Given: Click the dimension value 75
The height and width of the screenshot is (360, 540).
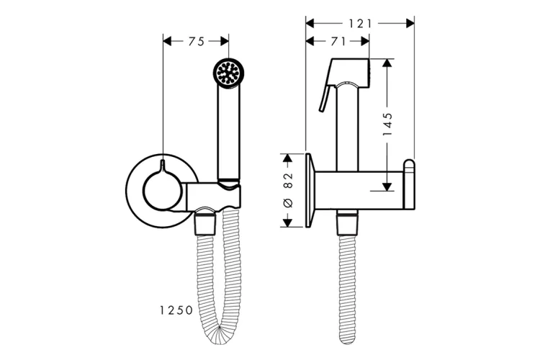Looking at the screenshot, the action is (197, 41).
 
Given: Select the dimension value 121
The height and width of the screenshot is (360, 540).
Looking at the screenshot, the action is (361, 24).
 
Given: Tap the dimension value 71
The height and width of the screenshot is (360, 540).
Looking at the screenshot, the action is (338, 41).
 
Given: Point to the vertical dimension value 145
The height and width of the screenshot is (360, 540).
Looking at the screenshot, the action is (387, 124).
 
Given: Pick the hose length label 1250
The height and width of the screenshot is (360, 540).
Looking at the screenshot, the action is (176, 310).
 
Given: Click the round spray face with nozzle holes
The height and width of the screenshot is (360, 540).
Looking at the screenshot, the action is (228, 72).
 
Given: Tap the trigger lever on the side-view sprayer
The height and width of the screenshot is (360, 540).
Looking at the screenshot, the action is (325, 98).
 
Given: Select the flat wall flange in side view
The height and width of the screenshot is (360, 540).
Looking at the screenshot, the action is (310, 190).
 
